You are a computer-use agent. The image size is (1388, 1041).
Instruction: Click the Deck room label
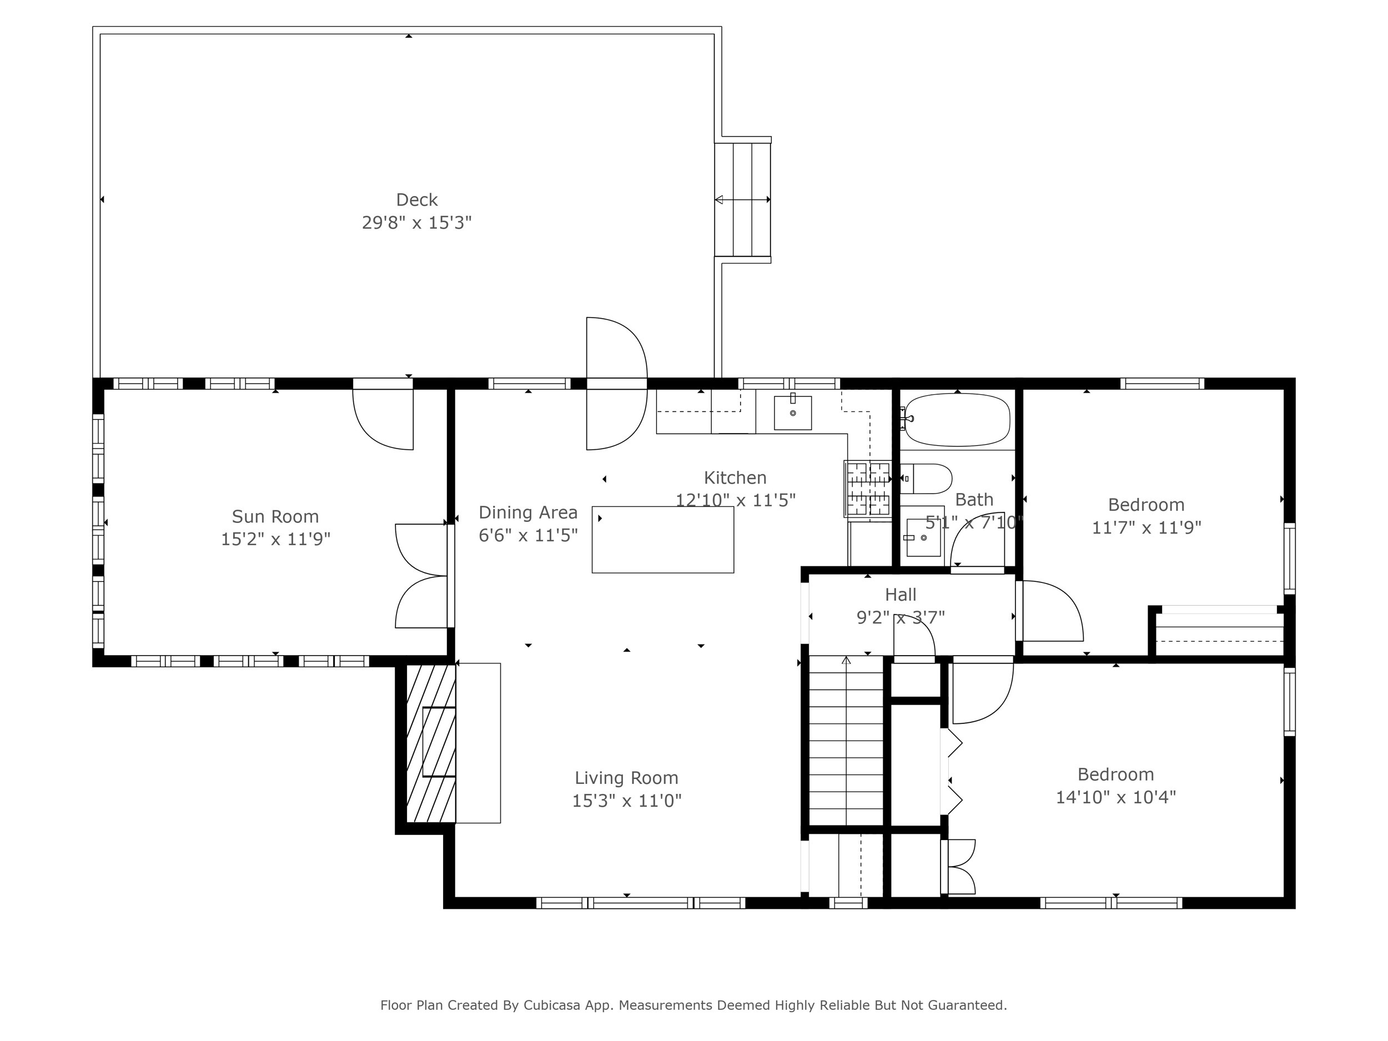[x=416, y=199]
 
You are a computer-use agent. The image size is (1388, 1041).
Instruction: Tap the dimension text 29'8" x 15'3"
[x=416, y=223]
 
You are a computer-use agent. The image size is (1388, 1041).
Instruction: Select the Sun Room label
[x=275, y=516]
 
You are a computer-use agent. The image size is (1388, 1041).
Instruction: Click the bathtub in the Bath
[x=957, y=419]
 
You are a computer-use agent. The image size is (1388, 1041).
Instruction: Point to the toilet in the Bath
[x=927, y=479]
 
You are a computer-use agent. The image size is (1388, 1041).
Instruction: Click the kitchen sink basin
[x=792, y=413]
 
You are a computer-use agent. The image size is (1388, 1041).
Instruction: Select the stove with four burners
[x=868, y=489]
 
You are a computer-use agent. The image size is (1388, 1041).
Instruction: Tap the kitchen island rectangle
[x=662, y=540]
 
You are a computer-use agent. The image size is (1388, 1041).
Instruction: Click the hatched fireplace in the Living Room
[x=431, y=743]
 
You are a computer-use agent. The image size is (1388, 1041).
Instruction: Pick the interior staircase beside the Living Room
[x=846, y=741]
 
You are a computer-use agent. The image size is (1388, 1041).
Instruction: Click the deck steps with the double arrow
[x=743, y=199]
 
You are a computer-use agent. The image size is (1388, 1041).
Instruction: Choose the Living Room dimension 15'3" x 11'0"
[x=626, y=801]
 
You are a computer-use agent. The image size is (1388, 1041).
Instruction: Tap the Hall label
[x=901, y=594]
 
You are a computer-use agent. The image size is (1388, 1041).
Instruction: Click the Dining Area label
[x=527, y=512]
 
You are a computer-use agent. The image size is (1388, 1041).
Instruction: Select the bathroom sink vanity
[x=924, y=537]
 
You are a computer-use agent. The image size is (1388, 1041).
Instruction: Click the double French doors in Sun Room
[x=421, y=576]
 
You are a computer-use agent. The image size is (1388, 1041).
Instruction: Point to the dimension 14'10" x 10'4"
[x=1115, y=797]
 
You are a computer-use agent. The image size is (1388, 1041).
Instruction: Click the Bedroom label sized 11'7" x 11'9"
[x=1146, y=505]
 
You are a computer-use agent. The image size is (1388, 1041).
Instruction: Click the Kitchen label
[x=735, y=477]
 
